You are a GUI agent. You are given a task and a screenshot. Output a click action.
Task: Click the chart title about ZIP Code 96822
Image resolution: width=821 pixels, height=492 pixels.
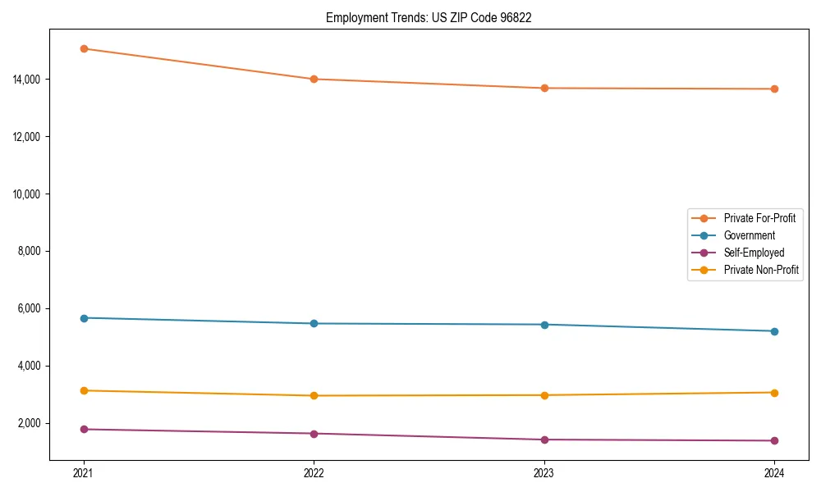[x=429, y=18]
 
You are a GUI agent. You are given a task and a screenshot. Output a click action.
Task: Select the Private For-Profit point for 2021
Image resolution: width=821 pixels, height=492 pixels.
[x=84, y=48]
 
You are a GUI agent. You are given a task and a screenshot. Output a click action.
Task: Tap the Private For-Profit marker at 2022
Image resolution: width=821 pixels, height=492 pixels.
[x=314, y=79]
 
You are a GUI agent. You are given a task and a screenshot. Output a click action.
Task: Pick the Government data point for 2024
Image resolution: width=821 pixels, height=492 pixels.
[x=774, y=331]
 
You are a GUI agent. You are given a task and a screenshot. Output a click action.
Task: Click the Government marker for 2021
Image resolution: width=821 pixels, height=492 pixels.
[x=84, y=317]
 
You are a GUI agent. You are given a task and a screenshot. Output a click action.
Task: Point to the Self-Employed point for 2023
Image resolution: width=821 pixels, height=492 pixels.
[x=544, y=440]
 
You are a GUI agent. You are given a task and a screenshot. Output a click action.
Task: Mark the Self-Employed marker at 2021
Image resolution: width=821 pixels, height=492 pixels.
[x=84, y=429]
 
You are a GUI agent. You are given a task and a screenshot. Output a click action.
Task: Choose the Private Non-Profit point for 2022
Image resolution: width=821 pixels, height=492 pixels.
[x=314, y=395]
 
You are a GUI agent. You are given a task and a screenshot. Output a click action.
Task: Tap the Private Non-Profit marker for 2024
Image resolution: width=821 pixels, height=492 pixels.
[x=774, y=392]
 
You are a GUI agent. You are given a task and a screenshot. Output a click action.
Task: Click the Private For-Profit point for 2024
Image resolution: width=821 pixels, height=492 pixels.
[x=774, y=89]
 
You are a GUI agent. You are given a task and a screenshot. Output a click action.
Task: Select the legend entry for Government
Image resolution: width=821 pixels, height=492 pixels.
[x=749, y=235]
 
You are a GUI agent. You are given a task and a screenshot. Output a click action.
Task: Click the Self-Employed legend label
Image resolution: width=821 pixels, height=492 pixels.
[x=754, y=253]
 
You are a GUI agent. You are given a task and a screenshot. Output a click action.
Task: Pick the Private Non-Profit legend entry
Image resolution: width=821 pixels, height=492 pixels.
[x=761, y=270]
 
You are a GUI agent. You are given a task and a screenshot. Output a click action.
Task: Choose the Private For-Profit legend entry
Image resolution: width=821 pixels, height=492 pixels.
[x=759, y=218]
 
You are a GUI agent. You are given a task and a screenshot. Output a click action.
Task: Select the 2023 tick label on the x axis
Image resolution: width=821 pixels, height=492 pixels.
[x=544, y=473]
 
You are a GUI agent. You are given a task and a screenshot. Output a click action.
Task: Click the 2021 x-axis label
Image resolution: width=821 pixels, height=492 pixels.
[x=84, y=473]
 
